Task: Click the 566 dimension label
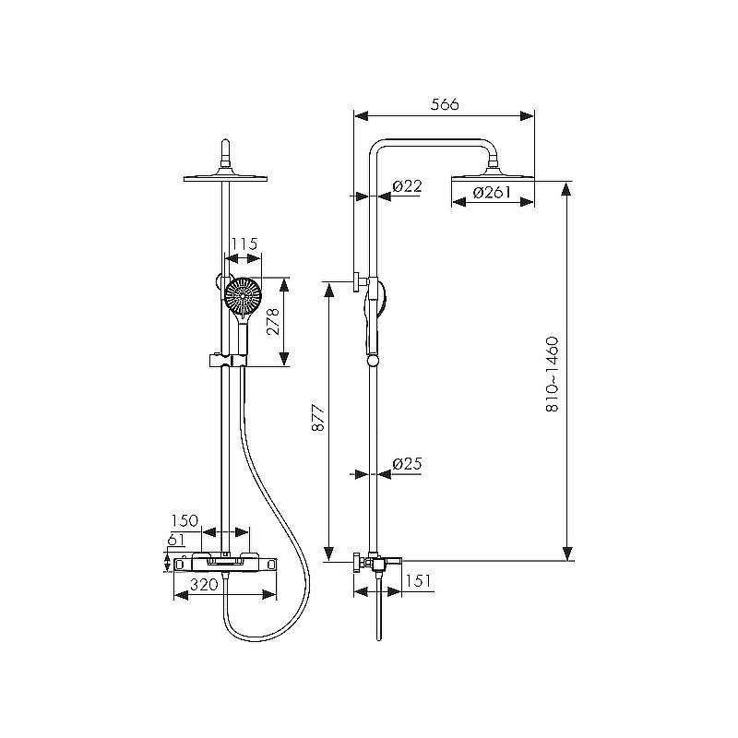click(445, 104)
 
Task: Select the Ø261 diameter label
click(492, 193)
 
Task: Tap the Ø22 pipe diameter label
click(407, 186)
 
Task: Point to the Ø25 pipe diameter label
click(407, 464)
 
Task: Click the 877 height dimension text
click(318, 418)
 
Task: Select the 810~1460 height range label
click(552, 375)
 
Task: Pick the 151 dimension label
click(418, 580)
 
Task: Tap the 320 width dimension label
click(204, 584)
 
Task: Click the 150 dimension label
click(184, 520)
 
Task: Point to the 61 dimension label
click(176, 540)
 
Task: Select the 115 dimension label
click(245, 244)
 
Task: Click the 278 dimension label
click(273, 321)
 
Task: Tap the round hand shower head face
click(243, 295)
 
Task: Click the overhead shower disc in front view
click(225, 178)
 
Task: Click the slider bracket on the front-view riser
click(227, 361)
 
